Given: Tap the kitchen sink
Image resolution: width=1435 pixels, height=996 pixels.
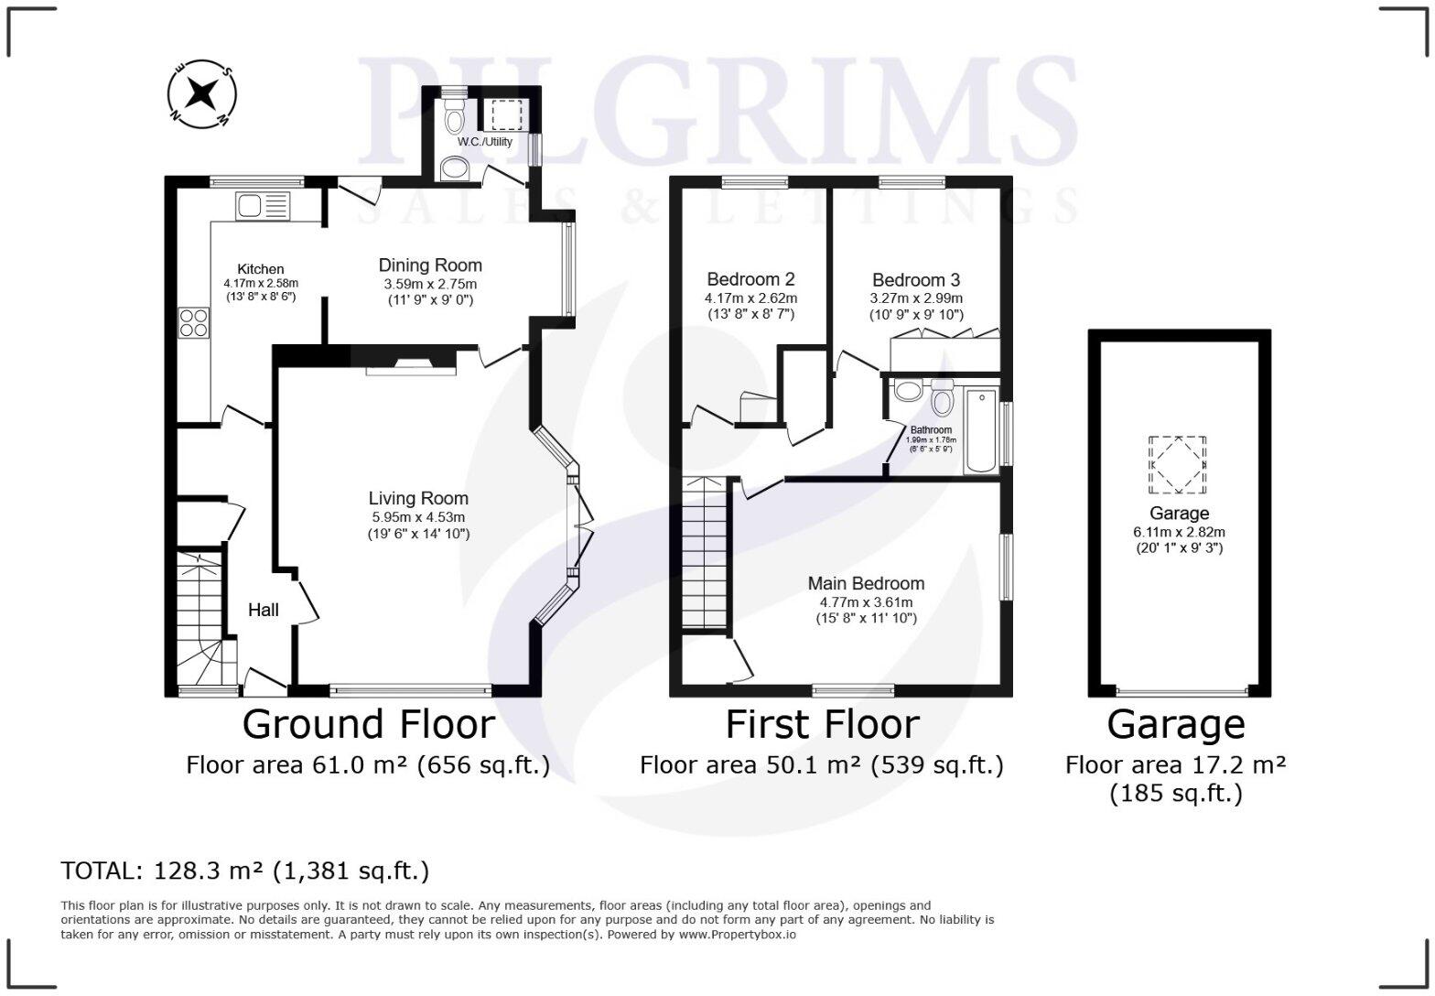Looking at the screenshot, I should pyautogui.click(x=262, y=206).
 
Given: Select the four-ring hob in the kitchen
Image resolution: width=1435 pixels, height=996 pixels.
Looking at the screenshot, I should pyautogui.click(x=193, y=323).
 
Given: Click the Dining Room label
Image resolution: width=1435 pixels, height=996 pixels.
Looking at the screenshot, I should pyautogui.click(x=430, y=265).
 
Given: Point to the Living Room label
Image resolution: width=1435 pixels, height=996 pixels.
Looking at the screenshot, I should pyautogui.click(x=418, y=499).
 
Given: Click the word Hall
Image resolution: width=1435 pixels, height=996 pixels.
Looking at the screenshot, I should pyautogui.click(x=264, y=610).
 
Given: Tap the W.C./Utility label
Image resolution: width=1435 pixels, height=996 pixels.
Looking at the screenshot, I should pyautogui.click(x=485, y=142).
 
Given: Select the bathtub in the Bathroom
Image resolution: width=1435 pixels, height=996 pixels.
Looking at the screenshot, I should pyautogui.click(x=980, y=430).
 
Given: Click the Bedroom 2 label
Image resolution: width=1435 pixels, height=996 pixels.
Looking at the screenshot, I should pyautogui.click(x=750, y=280).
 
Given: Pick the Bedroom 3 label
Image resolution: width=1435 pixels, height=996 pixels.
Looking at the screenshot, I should pyautogui.click(x=916, y=280).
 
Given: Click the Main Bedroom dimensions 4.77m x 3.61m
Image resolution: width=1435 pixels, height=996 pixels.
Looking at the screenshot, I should pyautogui.click(x=866, y=602).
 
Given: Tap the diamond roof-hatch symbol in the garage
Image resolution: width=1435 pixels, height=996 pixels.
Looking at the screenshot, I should pyautogui.click(x=1177, y=464).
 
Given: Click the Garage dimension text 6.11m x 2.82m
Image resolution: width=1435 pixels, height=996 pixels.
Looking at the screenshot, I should pyautogui.click(x=1179, y=532).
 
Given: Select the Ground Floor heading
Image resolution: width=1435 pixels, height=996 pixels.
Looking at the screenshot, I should pyautogui.click(x=368, y=724).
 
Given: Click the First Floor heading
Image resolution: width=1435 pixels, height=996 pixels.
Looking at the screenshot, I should pyautogui.click(x=822, y=724).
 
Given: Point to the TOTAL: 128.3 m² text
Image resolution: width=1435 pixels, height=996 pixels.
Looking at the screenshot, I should pyautogui.click(x=244, y=870).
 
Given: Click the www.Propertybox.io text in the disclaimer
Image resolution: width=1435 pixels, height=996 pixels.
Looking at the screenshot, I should pyautogui.click(x=737, y=935).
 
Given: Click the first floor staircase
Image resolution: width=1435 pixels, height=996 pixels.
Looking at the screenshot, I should pyautogui.click(x=705, y=554).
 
